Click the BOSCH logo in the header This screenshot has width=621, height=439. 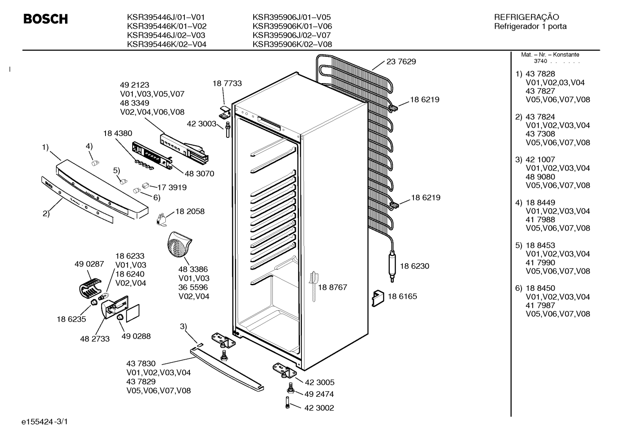[x=46, y=19]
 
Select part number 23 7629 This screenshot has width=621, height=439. [x=401, y=62]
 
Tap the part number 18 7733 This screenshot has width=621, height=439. [x=227, y=84]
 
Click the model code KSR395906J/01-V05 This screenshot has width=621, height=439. [x=292, y=17]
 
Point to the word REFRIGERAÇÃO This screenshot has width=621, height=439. [x=526, y=17]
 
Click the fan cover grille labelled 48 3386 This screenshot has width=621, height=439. [x=179, y=243]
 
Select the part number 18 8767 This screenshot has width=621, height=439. [x=332, y=287]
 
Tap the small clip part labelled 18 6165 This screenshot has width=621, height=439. [x=378, y=298]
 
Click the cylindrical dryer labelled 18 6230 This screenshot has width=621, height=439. [x=392, y=266]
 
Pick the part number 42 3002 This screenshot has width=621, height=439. [x=319, y=408]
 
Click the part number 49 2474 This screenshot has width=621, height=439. [x=319, y=394]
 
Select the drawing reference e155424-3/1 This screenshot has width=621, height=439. [x=45, y=422]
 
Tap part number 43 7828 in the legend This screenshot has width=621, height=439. [x=540, y=74]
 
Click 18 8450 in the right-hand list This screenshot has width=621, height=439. [x=540, y=288]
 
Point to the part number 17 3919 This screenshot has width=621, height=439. [x=172, y=187]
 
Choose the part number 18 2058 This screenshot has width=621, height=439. [x=190, y=212]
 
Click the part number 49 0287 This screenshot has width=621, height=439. [x=89, y=264]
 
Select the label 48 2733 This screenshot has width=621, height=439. [x=95, y=339]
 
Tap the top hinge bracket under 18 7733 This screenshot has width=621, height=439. [x=225, y=112]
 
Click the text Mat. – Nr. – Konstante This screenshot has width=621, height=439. [x=550, y=55]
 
